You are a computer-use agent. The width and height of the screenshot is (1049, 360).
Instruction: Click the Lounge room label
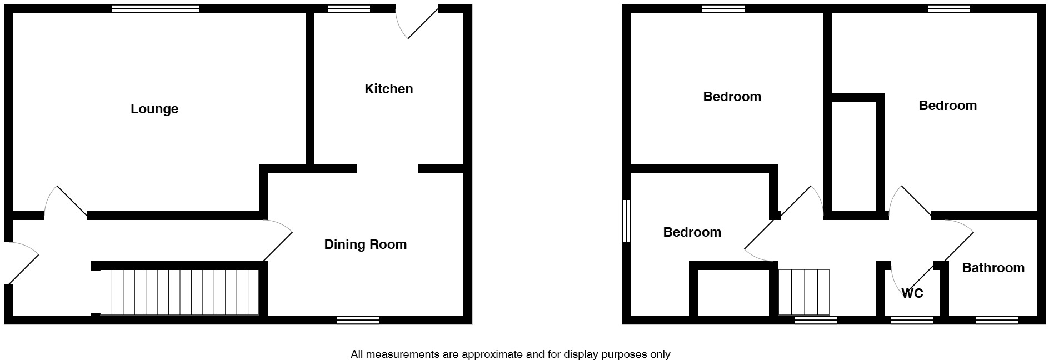coord(154,109)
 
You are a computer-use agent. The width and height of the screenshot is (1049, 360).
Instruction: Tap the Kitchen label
coord(388,89)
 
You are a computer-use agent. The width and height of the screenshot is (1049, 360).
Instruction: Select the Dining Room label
coord(365,244)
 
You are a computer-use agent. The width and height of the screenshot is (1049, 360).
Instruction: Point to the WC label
coord(912,293)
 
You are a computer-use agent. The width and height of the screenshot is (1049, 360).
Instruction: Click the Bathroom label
coord(993,268)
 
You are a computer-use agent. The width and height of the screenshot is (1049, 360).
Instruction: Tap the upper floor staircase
coord(803,292)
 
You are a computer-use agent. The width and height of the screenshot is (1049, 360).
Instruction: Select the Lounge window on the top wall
coord(156,8)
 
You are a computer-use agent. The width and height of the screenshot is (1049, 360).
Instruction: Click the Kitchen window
coord(349,8)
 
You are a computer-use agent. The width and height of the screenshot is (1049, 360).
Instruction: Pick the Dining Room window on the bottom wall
coord(358,320)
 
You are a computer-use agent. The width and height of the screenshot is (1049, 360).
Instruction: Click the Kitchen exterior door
coord(417,22)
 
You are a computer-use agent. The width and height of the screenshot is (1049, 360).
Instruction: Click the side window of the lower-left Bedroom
coord(626,221)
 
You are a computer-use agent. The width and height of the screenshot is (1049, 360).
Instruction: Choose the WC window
coord(912,320)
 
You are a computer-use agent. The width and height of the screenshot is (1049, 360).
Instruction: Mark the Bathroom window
coord(997,320)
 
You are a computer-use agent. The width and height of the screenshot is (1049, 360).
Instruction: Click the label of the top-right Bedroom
coord(947,106)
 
